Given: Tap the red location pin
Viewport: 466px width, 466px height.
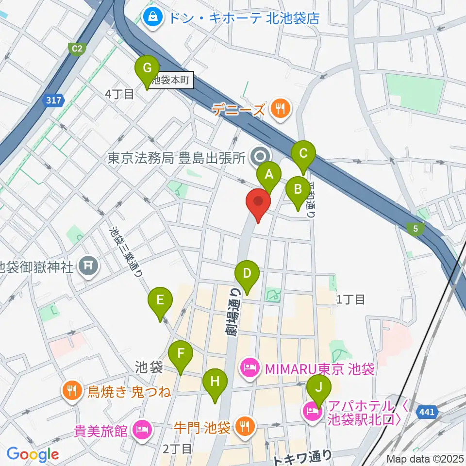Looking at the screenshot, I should coord(258,205).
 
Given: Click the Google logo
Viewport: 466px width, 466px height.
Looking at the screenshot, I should coord(33,454).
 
